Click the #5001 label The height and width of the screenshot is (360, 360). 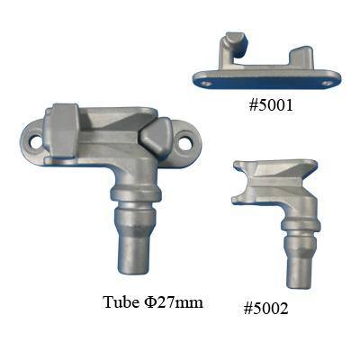coord(271,105)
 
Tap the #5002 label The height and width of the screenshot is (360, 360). coord(265,309)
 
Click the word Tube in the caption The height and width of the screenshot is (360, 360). coord(119,301)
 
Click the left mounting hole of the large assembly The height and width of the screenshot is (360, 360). coord(36,143)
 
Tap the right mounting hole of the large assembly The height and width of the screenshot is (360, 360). coord(185,145)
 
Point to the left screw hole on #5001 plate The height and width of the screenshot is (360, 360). coord(204,82)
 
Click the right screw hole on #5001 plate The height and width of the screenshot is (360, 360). coord(326,81)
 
